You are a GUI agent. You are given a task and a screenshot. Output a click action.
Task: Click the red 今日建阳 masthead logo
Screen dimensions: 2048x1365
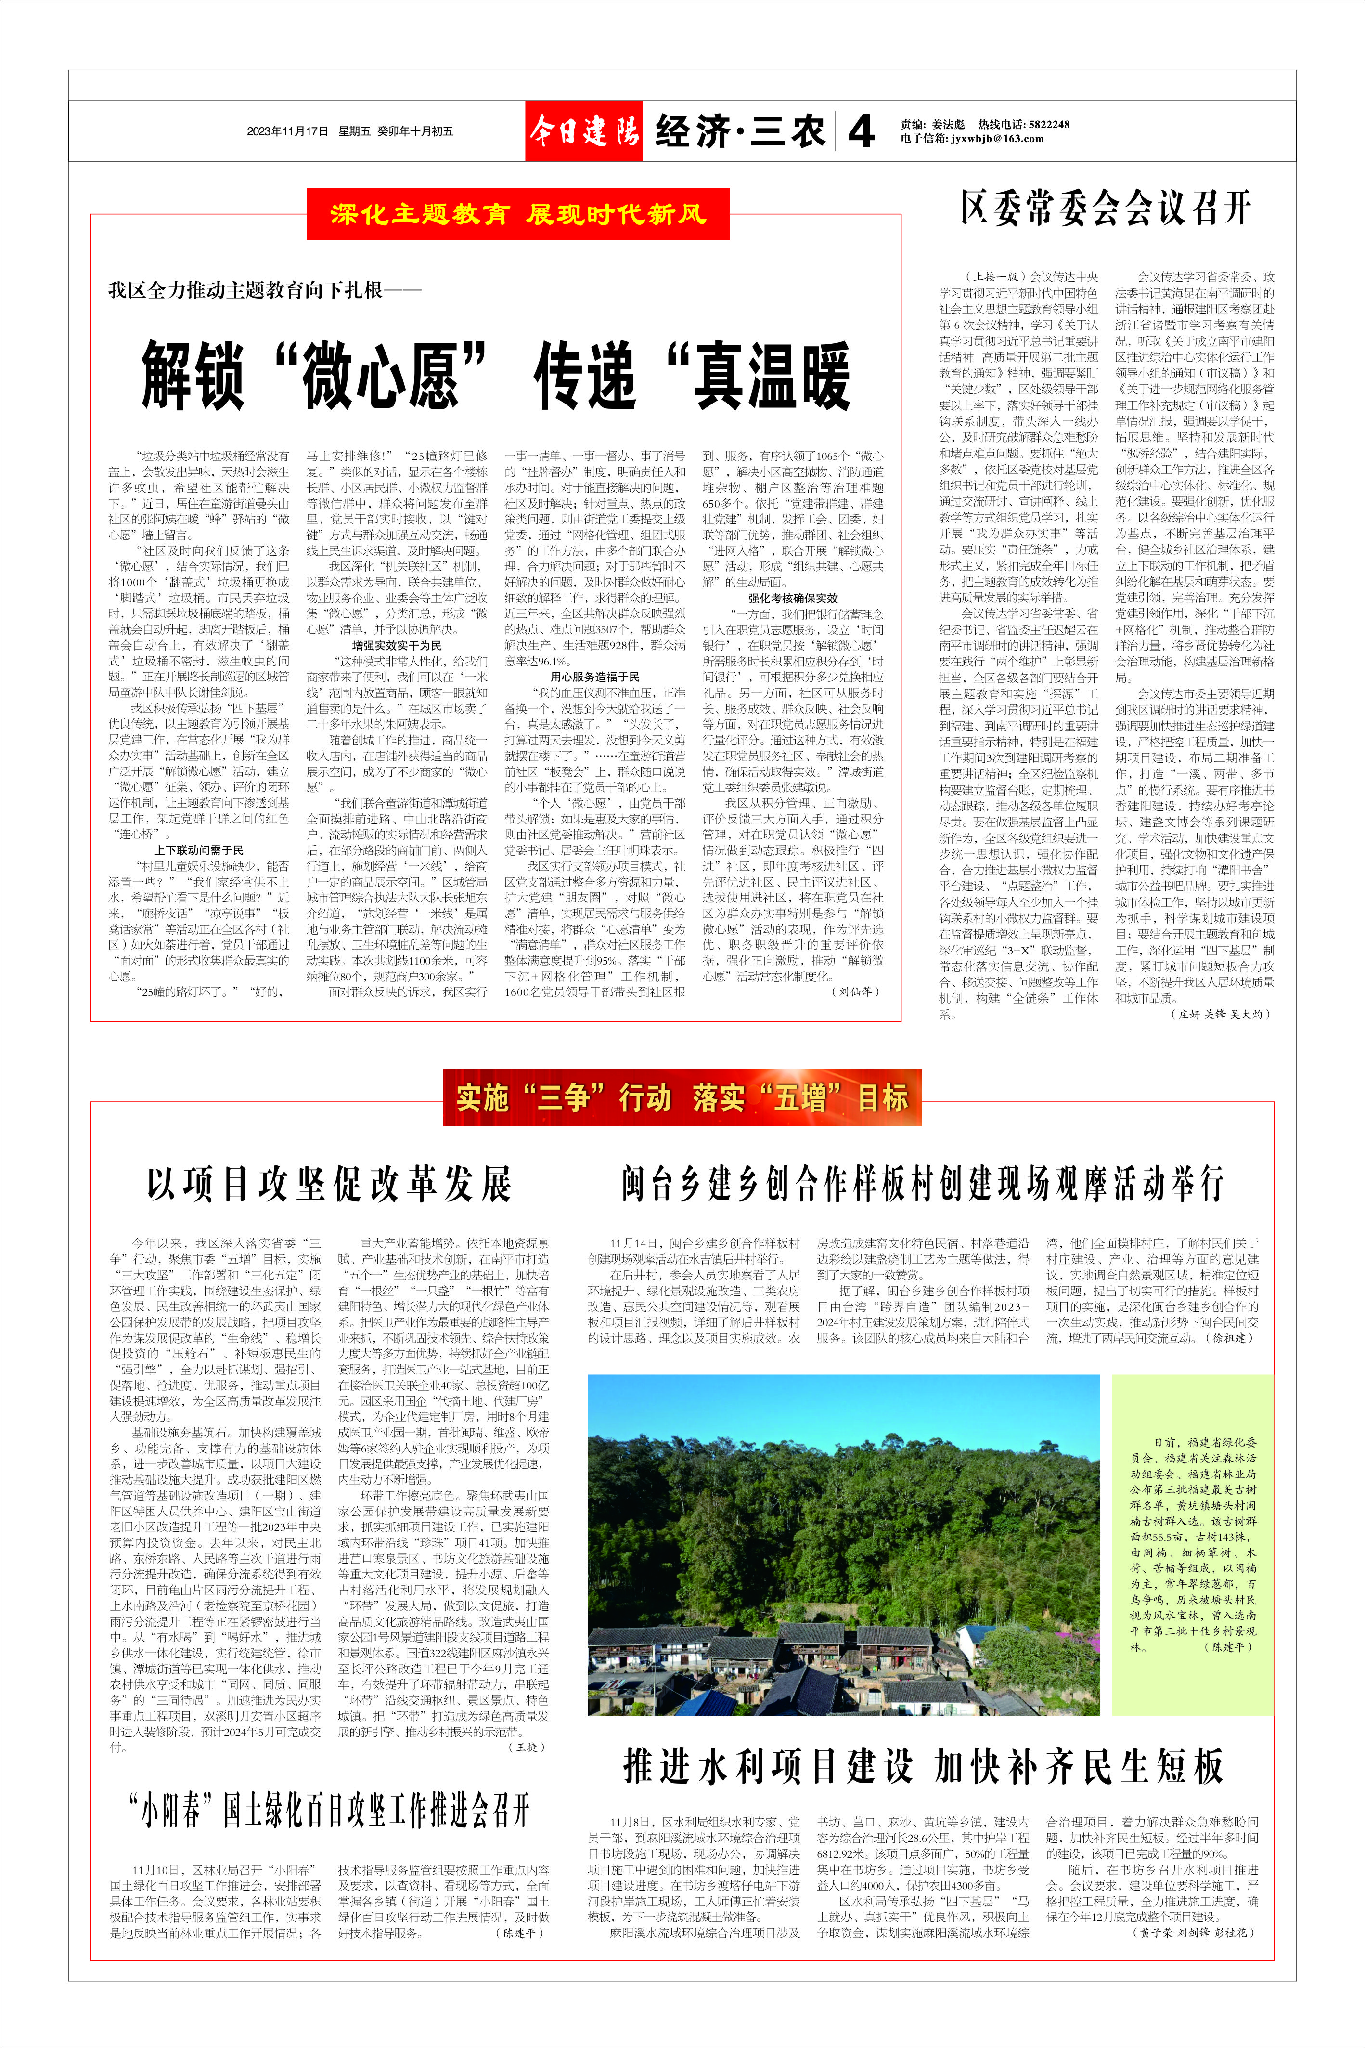[x=583, y=131]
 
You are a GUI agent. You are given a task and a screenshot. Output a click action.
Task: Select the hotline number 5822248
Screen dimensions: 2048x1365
[x=1048, y=125]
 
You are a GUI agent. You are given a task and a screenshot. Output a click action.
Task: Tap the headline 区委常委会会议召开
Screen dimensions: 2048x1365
[x=1106, y=209]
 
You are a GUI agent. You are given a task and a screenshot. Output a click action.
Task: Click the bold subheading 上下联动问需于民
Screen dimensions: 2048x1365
[x=199, y=850]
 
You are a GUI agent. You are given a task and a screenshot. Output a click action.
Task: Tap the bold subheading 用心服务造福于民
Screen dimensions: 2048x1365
[x=594, y=677]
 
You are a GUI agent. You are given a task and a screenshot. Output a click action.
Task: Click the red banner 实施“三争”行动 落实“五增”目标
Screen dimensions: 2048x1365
[x=682, y=1097]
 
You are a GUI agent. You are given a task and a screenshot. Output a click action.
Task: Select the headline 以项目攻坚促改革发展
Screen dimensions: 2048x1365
[x=329, y=1184]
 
